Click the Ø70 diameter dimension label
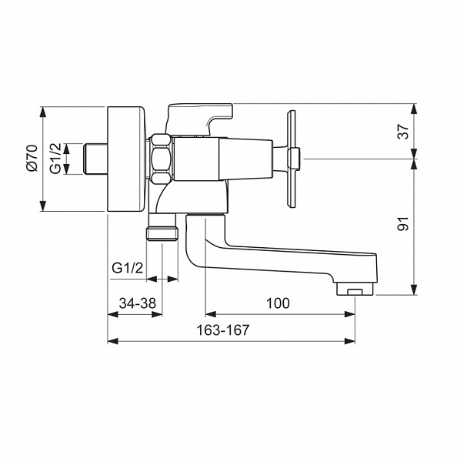click(32, 158)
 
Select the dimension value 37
click(403, 132)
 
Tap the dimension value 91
click(403, 223)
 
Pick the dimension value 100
click(278, 303)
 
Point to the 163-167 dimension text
click(222, 330)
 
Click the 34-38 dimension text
click(137, 303)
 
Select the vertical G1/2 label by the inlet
click(55, 158)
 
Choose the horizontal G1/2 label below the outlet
click(128, 268)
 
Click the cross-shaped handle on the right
click(292, 159)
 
